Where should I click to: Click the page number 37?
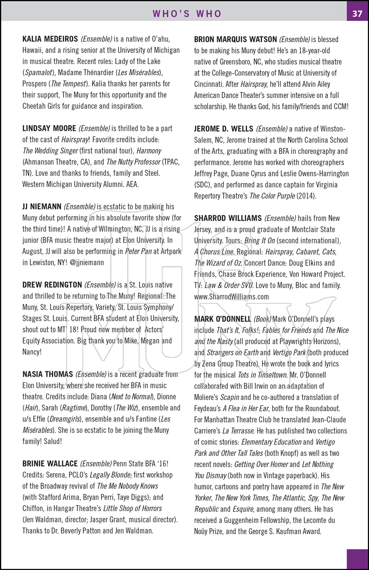[x=357, y=14]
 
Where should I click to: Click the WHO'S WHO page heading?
[x=187, y=14]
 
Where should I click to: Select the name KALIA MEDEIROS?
[x=50, y=39]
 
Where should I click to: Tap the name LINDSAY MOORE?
[x=49, y=128]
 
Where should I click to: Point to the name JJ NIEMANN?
[x=42, y=207]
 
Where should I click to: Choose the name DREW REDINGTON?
[x=52, y=285]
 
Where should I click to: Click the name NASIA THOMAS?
[x=48, y=374]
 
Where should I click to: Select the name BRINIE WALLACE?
[x=50, y=464]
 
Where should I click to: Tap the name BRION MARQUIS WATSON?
[x=235, y=40]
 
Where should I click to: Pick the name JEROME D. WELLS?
[x=223, y=129]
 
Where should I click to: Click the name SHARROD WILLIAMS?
[x=228, y=218]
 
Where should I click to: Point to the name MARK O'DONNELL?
[x=222, y=319]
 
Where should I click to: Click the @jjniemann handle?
[x=87, y=263]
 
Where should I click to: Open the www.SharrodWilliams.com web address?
[x=231, y=297]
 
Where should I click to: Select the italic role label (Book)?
[x=263, y=319]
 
